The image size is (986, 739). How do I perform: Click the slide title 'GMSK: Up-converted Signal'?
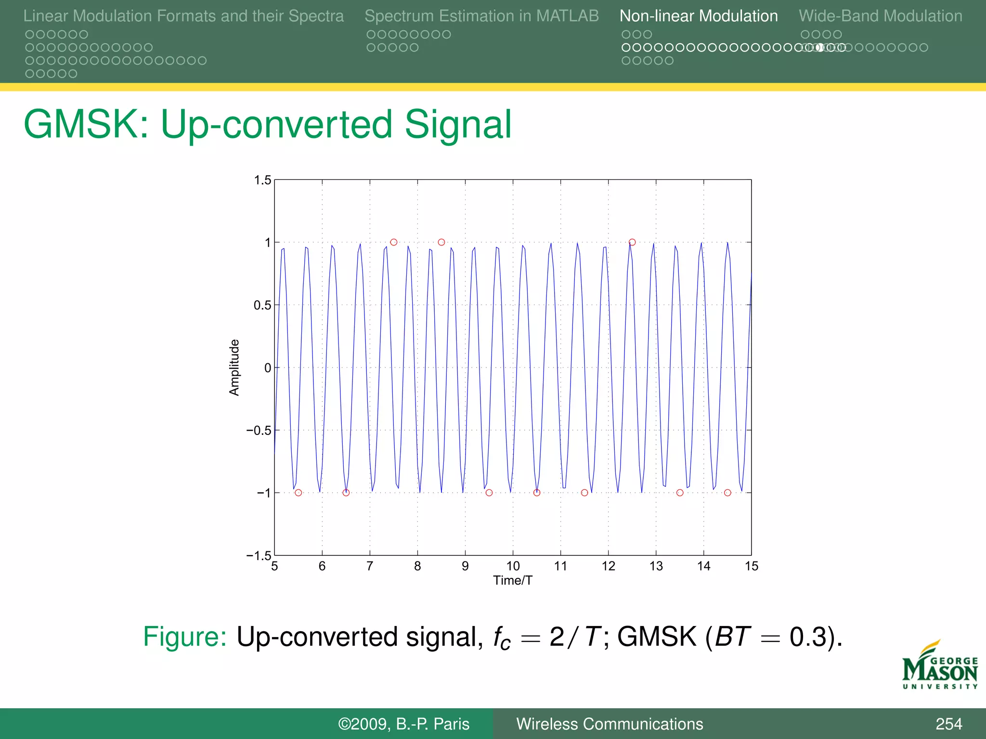[x=268, y=124]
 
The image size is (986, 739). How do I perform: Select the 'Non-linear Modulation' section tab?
[x=698, y=16]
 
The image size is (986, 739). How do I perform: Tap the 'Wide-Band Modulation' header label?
[x=880, y=16]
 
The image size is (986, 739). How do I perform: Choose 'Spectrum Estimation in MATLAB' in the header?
[x=481, y=16]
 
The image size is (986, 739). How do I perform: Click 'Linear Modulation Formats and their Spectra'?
[x=183, y=16]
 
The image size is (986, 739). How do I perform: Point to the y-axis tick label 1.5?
[x=262, y=180]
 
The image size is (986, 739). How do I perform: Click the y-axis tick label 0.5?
[x=262, y=306]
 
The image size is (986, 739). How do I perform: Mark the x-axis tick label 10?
[x=513, y=566]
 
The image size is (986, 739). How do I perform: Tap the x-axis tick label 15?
[x=751, y=566]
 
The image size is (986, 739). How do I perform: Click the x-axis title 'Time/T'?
[x=513, y=581]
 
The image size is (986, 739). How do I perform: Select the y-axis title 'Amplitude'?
[x=234, y=368]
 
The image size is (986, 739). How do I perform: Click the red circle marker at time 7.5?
[x=394, y=242]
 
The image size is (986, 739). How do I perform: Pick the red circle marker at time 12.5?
[x=632, y=242]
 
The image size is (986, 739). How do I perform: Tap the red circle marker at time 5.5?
[x=298, y=493]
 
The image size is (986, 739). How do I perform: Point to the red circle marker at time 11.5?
[x=584, y=493]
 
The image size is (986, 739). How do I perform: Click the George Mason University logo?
[x=940, y=666]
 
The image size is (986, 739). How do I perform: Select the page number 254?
[x=948, y=724]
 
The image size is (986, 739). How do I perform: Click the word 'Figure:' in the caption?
[x=185, y=637]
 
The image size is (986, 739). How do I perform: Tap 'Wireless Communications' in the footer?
[x=610, y=724]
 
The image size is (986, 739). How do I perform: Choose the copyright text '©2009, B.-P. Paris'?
[x=403, y=724]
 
